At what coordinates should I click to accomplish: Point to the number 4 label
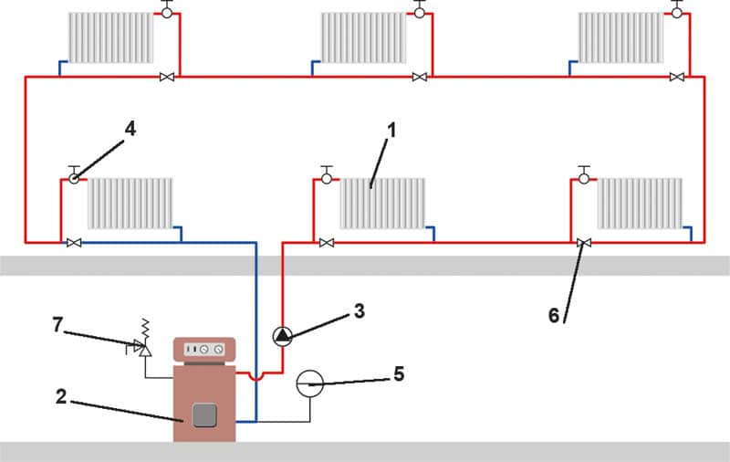coord(130,129)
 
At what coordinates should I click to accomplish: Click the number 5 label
coord(398,374)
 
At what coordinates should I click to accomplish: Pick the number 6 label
coord(553,315)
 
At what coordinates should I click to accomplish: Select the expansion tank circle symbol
coord(309,383)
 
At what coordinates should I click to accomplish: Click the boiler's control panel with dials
coord(204,349)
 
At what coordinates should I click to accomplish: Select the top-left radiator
coord(109,37)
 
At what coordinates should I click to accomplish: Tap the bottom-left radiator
coord(130,203)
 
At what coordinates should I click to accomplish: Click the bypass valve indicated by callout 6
coord(584,243)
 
